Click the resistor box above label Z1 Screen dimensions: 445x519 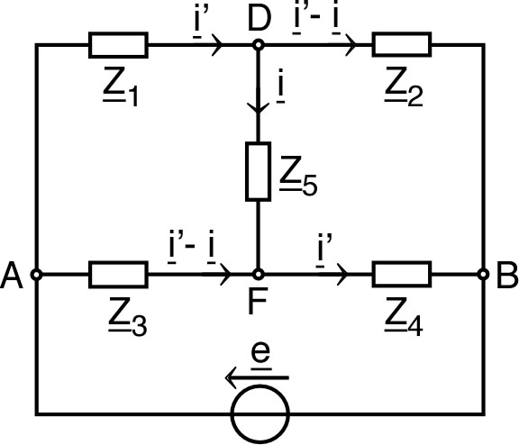[x=118, y=44]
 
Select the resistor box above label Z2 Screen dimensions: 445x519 [x=402, y=44]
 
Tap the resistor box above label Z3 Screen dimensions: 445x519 [x=118, y=274]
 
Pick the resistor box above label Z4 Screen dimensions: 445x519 [x=402, y=274]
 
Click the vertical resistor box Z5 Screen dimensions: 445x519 [x=259, y=170]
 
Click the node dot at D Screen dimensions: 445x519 [x=259, y=44]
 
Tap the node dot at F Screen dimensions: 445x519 [x=259, y=274]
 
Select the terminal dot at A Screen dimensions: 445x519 [x=37, y=274]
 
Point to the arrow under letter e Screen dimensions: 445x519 [x=258, y=377]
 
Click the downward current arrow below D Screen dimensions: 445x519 [x=259, y=105]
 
